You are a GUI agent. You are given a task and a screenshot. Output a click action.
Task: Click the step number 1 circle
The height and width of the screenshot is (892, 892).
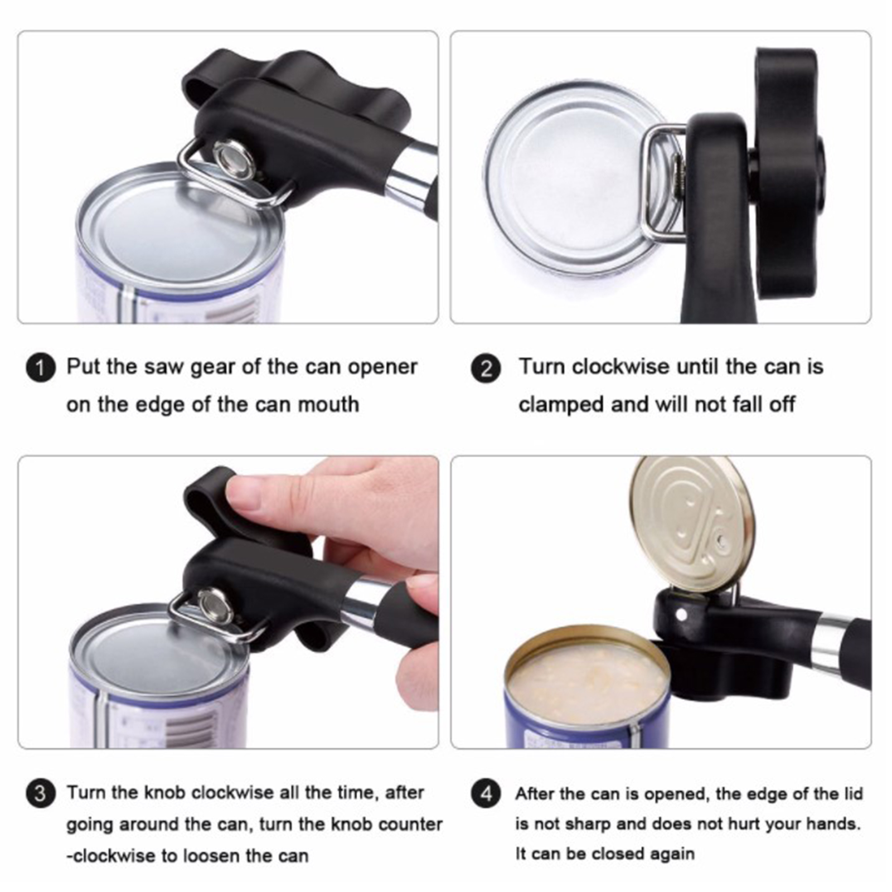pos(40,368)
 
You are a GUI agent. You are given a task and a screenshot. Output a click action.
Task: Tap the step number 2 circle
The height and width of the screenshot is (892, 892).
pos(486,369)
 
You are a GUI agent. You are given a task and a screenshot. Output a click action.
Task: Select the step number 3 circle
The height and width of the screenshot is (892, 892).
pos(40,793)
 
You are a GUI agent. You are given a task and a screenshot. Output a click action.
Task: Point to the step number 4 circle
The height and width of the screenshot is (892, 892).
pos(486,793)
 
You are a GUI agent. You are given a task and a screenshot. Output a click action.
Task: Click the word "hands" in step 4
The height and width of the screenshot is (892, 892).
pos(830,823)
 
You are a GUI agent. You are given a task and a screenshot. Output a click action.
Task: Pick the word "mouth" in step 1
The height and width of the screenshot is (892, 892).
pos(328,404)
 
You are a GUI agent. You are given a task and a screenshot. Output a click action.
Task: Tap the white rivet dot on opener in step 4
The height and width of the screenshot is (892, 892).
pos(681,615)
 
